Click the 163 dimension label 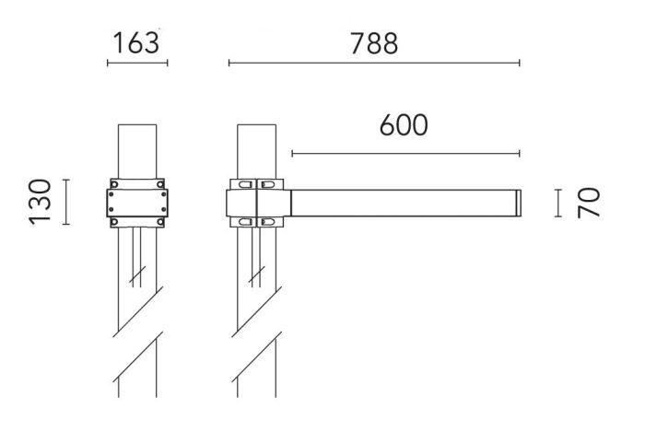(136, 43)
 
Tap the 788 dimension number (374, 43)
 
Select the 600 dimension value (404, 125)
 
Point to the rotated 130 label (40, 202)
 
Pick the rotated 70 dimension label (589, 203)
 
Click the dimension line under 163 (137, 63)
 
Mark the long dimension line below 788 (374, 63)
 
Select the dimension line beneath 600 (405, 154)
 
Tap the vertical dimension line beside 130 (65, 202)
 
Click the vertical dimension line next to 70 (558, 203)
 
